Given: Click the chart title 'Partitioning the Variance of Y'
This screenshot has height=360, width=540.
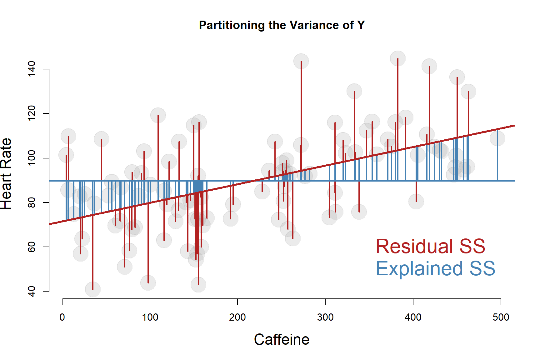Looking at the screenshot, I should tap(282, 25).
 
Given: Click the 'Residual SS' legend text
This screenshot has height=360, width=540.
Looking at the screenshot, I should tap(430, 246).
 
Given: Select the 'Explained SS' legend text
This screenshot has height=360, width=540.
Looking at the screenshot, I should tap(435, 268).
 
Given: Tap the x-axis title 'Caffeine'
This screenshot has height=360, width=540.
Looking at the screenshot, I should tap(282, 340).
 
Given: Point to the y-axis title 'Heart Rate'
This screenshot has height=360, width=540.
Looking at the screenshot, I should tap(6, 174).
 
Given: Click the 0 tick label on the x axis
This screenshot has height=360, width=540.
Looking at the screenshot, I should tap(62, 317).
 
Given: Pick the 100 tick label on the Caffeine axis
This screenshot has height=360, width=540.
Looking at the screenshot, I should tap(150, 317).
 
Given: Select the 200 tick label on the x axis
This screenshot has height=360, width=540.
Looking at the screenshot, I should tap(237, 317).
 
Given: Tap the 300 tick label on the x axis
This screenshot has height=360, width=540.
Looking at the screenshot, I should tap(325, 317).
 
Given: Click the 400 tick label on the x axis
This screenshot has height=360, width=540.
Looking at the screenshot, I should tap(413, 317).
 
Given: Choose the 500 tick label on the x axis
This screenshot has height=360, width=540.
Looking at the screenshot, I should tap(501, 317).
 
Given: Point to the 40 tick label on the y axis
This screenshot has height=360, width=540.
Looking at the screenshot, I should tap(32, 291).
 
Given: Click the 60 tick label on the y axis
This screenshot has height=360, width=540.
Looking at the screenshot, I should tap(32, 247).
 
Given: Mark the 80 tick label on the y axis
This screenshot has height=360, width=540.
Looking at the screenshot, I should tap(32, 202).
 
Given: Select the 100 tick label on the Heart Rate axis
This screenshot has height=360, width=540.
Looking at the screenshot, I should tap(32, 158).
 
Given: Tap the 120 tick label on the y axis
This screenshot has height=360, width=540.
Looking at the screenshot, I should tap(32, 113).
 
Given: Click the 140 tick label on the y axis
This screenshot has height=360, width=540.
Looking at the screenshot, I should tap(32, 69).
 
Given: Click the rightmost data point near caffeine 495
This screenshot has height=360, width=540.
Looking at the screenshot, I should tap(497, 138).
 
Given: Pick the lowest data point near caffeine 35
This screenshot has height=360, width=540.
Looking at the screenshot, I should tap(93, 289).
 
